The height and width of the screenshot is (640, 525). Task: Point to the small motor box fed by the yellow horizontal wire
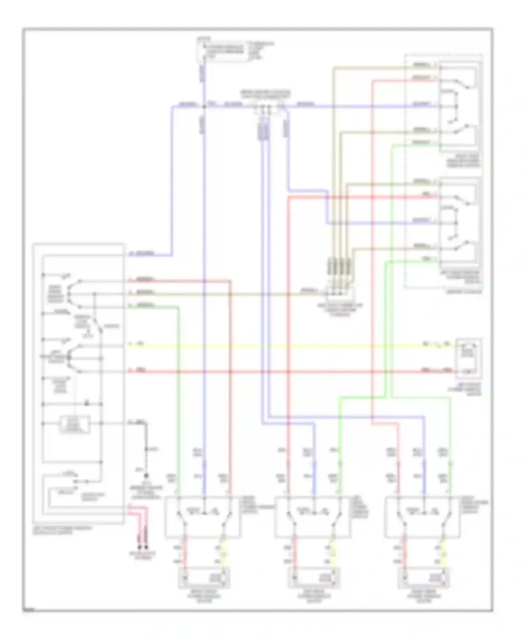click(x=468, y=358)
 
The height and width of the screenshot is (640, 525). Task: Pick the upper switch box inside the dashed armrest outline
click(x=460, y=106)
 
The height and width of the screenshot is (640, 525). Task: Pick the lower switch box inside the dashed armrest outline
click(x=460, y=223)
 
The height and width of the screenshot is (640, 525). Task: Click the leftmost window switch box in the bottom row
click(x=203, y=517)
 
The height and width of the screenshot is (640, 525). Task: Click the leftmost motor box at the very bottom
click(x=205, y=577)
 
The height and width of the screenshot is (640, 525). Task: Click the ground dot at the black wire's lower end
click(x=146, y=476)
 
